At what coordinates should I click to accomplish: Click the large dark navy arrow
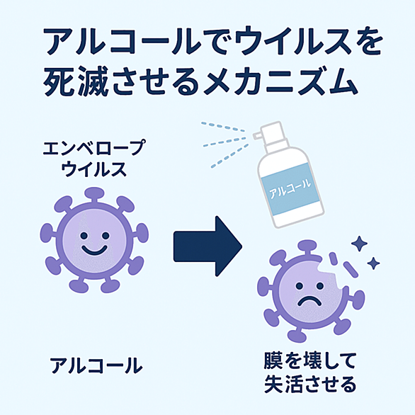coord(207,246)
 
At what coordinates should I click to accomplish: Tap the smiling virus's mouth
coord(94,251)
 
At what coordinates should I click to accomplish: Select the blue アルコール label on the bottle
coord(290,188)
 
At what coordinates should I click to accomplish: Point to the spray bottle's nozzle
coord(258,136)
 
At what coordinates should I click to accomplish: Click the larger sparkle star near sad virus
coord(359,243)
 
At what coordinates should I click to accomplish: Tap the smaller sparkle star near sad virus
coord(373,263)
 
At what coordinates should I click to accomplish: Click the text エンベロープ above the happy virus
coord(94,147)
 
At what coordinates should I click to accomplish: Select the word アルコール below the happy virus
coord(96,365)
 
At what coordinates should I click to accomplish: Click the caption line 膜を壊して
coord(309,360)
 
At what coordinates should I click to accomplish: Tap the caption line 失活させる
coord(310,384)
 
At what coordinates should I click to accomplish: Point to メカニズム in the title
coord(281,81)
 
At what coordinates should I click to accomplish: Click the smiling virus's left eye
coord(84,235)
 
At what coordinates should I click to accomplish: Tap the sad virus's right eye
coord(320,286)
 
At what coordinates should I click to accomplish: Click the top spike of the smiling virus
coord(93,195)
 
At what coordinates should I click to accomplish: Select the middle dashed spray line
coord(224,142)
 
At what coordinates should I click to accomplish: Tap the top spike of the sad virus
coord(307,248)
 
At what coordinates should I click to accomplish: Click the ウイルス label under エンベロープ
coord(94,169)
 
